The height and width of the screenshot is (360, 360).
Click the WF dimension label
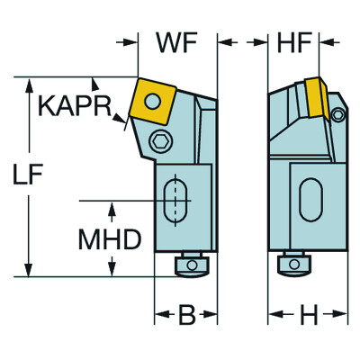coord(176,43)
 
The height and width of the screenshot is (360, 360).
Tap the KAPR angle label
coord(75,106)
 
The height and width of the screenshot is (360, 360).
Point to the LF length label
coord(28,174)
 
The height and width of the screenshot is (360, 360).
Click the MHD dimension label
coord(110,239)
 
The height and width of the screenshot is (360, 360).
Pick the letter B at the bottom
coord(187,315)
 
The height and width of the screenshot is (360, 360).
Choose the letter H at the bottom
coord(309,315)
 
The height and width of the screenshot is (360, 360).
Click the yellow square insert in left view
coord(152,101)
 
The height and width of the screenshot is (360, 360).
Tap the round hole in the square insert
coord(152,101)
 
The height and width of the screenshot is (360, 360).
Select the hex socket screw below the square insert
coord(161,140)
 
